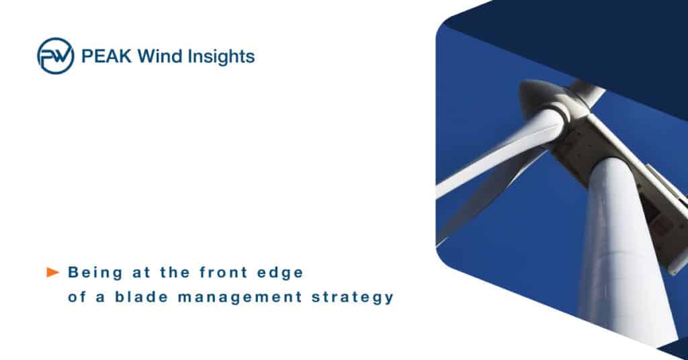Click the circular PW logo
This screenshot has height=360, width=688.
55,56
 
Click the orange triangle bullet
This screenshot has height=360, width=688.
52,272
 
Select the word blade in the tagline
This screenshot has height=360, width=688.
141,297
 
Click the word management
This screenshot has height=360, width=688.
240,298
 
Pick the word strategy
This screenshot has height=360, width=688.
353,298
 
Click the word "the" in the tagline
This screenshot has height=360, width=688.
175,272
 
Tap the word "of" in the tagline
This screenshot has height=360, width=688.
77,297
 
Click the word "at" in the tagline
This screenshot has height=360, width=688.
141,273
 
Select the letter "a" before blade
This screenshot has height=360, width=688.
101,298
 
